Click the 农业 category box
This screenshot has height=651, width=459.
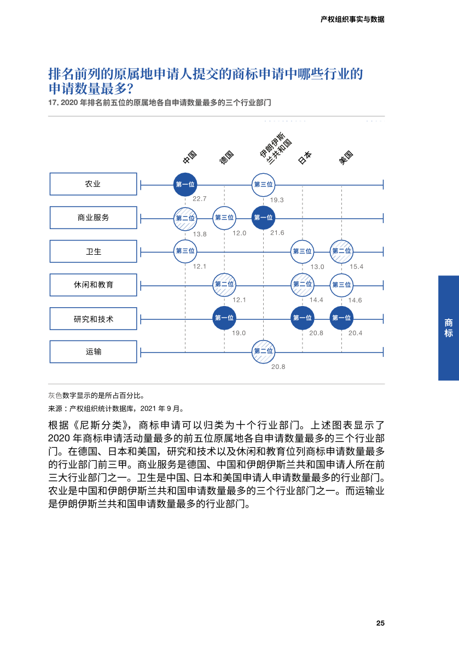tap(93, 184)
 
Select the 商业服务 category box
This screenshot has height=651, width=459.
tap(93, 218)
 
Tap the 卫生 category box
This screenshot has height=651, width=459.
tap(93, 251)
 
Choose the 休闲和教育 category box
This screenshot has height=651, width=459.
tap(93, 285)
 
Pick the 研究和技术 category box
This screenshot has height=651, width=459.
tap(93, 319)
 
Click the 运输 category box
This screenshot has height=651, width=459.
tap(93, 352)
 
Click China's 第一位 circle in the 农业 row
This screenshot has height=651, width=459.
tap(185, 185)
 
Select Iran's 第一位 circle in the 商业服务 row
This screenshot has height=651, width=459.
tap(263, 218)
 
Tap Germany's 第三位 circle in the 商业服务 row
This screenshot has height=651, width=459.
tap(224, 218)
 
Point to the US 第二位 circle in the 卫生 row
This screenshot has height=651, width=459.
tap(341, 251)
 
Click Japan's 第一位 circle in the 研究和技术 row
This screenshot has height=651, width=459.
tap(302, 318)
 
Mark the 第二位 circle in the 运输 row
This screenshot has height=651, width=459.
tap(263, 351)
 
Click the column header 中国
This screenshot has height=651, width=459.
tap(189, 157)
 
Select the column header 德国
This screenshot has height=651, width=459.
tap(226, 157)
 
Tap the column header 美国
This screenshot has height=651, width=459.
tap(346, 157)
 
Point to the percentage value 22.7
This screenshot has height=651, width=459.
tap(199, 199)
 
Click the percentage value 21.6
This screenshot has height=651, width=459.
tap(277, 233)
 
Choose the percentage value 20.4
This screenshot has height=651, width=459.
tap(356, 333)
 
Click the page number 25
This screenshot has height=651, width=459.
tap(380, 624)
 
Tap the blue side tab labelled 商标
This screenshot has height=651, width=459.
tap(449, 328)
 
